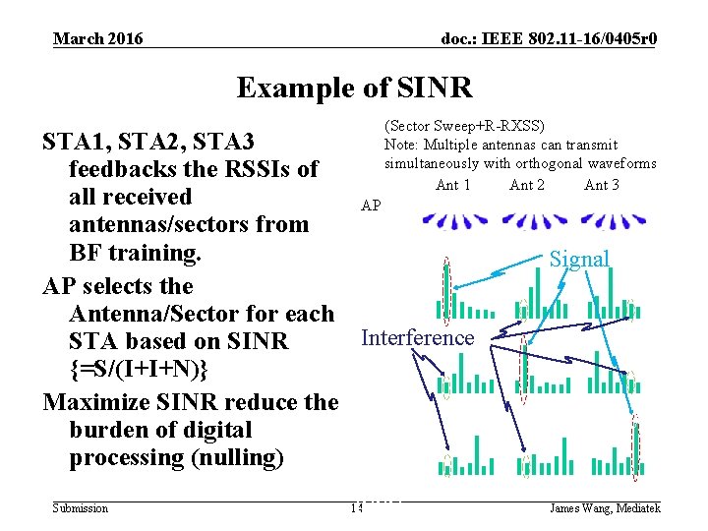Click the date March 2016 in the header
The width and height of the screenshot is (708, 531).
coord(97,38)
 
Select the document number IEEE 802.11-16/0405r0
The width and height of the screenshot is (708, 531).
coord(550,38)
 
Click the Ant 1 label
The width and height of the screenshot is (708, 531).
coord(452,185)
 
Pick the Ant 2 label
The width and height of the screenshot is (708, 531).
coord(527,185)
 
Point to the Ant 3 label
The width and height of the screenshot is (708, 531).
coord(602,185)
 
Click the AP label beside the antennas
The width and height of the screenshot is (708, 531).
coord(371,206)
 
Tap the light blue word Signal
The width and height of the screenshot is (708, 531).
coord(579,259)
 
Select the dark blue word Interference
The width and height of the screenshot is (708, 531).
coord(417,337)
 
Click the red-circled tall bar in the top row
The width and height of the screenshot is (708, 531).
coord(447,291)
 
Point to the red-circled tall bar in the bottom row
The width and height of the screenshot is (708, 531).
coord(636,447)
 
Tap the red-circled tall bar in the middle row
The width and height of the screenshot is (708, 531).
coord(523,368)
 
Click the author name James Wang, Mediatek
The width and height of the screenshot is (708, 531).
coord(604,508)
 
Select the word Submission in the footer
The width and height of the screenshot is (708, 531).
coord(81,508)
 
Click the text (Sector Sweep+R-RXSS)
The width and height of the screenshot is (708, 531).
coord(464,126)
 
